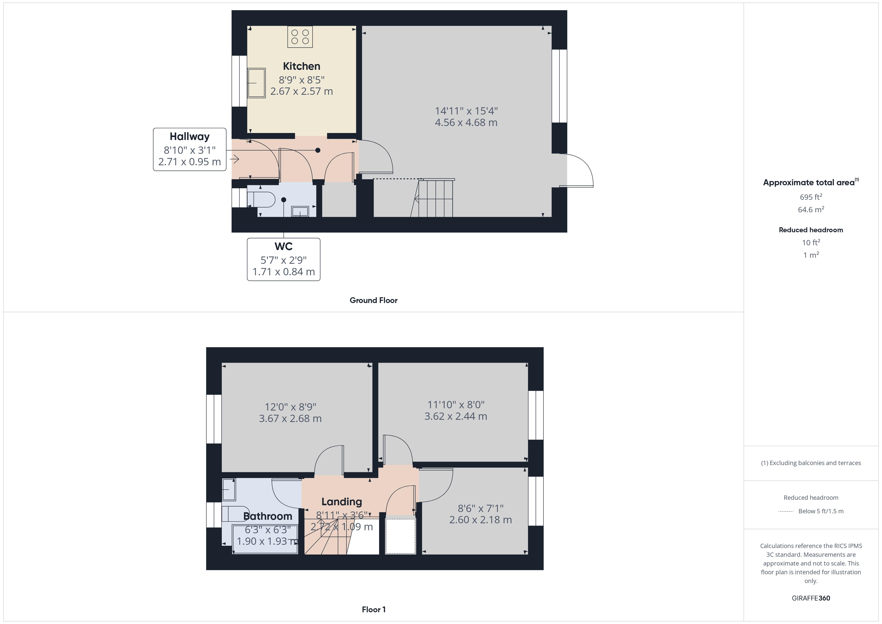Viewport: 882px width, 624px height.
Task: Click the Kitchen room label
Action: [301, 66]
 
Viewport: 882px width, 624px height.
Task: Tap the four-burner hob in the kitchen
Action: [300, 37]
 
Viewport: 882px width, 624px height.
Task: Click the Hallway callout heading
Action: [189, 136]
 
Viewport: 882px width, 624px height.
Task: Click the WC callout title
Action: [283, 246]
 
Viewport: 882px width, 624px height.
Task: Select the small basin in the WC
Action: [300, 211]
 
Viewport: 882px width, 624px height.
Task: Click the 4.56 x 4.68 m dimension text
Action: [466, 122]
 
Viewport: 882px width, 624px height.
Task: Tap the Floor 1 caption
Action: [373, 609]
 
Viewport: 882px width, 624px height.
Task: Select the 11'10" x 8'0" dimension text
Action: [456, 404]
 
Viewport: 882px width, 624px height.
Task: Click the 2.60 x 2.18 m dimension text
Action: [480, 520]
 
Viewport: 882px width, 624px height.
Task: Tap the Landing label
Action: [341, 501]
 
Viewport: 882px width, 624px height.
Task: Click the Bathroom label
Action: [268, 516]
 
